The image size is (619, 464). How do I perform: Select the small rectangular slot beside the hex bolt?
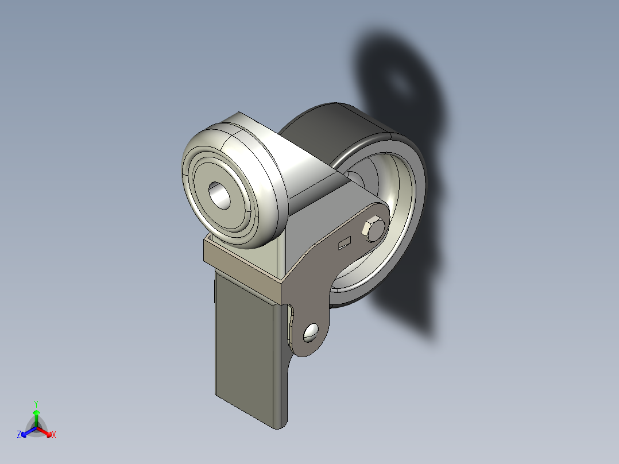pos(345,243)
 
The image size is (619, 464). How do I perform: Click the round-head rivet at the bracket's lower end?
pos(312,331)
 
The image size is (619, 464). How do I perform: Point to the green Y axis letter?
pos(36,403)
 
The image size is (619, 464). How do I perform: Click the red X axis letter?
pos(53,435)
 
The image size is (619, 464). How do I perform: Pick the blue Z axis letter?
pos(19,435)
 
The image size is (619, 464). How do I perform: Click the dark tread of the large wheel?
pos(322,129)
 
